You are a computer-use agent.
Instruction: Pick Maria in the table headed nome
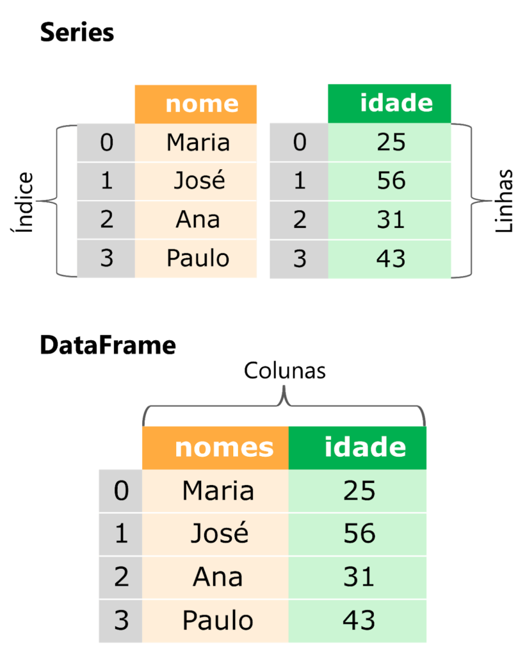(x=197, y=142)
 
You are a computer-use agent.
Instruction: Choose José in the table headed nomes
(x=218, y=534)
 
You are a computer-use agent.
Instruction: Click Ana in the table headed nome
(x=197, y=220)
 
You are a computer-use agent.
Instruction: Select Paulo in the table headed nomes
(x=218, y=620)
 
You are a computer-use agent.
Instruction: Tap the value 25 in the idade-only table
(x=391, y=142)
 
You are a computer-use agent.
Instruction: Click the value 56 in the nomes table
(x=359, y=534)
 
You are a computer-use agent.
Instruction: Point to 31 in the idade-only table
(x=391, y=220)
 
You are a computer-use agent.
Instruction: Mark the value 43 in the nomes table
(x=359, y=620)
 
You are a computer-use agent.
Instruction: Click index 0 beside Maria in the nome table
(x=106, y=142)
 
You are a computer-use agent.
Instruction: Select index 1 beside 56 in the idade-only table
(x=299, y=181)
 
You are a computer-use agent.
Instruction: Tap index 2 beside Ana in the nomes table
(x=120, y=577)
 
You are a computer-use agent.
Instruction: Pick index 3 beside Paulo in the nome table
(x=106, y=258)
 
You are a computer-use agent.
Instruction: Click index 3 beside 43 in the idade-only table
(x=299, y=258)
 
